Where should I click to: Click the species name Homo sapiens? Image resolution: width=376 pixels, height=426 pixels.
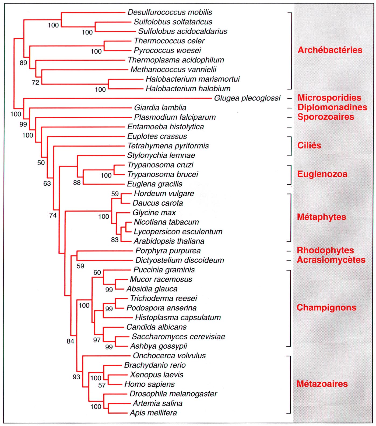(x=150, y=384)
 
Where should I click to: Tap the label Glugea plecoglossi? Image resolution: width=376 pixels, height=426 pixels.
(x=247, y=98)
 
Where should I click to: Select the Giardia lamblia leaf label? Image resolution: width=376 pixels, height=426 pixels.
(x=160, y=108)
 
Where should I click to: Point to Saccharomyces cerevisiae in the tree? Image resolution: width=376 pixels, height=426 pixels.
(x=178, y=337)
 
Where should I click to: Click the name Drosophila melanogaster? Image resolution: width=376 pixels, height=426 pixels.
(x=173, y=394)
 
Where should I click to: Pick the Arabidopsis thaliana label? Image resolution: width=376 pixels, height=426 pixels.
(x=169, y=241)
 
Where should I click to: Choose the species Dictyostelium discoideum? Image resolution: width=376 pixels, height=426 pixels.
(x=180, y=260)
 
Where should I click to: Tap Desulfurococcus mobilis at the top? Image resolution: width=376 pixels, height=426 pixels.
(x=170, y=12)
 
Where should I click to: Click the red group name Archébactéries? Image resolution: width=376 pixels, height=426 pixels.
(x=330, y=50)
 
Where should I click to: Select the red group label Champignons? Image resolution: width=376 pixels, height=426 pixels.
(x=326, y=307)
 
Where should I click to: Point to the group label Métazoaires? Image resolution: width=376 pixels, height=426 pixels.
(x=322, y=384)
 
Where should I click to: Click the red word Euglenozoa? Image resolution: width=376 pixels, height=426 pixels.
(x=322, y=174)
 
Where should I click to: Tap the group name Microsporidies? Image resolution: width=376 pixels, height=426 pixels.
(x=329, y=98)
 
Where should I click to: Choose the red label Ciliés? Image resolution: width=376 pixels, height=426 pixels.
(x=309, y=146)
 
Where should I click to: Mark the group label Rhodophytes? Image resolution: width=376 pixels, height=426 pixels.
(x=325, y=250)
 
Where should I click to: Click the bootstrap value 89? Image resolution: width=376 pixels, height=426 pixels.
(x=23, y=63)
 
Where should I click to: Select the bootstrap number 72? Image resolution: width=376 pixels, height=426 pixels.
(x=35, y=82)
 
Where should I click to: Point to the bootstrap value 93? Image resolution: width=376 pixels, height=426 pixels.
(x=76, y=377)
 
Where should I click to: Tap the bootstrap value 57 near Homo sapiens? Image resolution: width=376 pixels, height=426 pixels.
(x=102, y=385)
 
